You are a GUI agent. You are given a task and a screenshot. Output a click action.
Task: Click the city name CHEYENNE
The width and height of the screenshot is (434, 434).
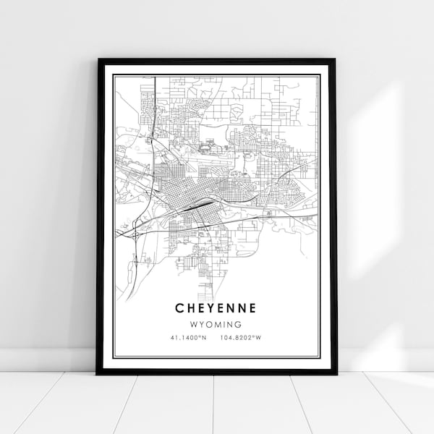[215, 307]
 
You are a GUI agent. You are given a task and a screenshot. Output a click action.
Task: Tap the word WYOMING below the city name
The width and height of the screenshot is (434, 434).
[215, 325]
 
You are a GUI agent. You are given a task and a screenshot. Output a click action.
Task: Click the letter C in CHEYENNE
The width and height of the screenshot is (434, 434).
[178, 307]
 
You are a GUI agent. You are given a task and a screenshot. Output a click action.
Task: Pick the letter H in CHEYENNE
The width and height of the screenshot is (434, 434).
[189, 307]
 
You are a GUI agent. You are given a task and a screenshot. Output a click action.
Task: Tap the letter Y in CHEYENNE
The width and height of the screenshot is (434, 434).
[210, 307]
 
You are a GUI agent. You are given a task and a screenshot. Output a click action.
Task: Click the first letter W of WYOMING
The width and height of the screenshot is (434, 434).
[192, 325]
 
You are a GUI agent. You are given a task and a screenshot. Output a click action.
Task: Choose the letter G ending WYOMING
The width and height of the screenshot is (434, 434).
[238, 325]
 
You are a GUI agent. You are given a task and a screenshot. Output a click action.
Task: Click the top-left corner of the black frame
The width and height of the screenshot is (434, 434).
[97, 59]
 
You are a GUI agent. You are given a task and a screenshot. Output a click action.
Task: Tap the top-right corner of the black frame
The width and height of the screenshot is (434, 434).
[336, 59]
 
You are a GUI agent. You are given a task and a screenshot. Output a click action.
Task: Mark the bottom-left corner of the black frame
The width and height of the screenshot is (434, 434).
[97, 373]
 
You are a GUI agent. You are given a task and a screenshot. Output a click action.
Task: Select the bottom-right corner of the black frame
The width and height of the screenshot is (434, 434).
[336, 373]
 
